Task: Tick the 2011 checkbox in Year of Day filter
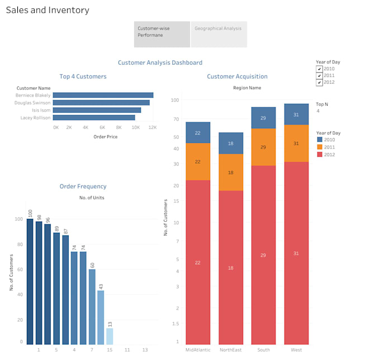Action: pyautogui.click(x=319, y=75)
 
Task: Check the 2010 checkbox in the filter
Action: pyautogui.click(x=319, y=69)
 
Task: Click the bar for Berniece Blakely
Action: pyautogui.click(x=103, y=95)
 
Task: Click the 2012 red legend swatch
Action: pyautogui.click(x=320, y=154)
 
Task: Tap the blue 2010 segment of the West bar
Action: pyautogui.click(x=296, y=114)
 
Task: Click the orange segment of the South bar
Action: pyautogui.click(x=263, y=147)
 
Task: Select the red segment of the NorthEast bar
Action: pyautogui.click(x=231, y=267)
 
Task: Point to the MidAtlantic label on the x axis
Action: pyautogui.click(x=198, y=350)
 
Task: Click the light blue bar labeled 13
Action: pyautogui.click(x=110, y=336)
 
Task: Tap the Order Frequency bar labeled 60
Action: pyautogui.click(x=92, y=306)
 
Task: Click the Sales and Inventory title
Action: pyautogui.click(x=47, y=10)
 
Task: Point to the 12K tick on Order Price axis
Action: pyautogui.click(x=151, y=127)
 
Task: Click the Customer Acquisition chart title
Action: pyautogui.click(x=237, y=76)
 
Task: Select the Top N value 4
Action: pyautogui.click(x=318, y=111)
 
